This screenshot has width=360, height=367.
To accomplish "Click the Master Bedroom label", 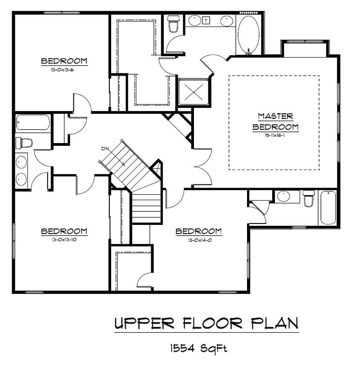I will pyautogui.click(x=275, y=121).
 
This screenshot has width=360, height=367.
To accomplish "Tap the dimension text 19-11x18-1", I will pyautogui.click(x=275, y=134).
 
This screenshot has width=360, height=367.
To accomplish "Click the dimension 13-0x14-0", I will pyautogui.click(x=198, y=239).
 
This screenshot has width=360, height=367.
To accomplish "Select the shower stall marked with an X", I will pyautogui.click(x=193, y=92).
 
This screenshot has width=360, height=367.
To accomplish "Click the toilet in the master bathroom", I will pyautogui.click(x=173, y=24).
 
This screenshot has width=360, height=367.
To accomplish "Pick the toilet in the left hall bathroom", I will pyautogui.click(x=24, y=143).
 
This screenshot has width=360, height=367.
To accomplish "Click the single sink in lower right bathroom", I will pyautogui.click(x=283, y=197).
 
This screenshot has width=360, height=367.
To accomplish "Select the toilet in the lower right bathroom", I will pyautogui.click(x=308, y=199).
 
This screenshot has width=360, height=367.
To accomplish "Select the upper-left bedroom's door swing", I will pyautogui.click(x=81, y=103).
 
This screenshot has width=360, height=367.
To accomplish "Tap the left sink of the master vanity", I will pyautogui.click(x=194, y=21).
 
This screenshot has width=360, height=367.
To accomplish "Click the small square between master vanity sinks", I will pyautogui.click(x=207, y=21).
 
